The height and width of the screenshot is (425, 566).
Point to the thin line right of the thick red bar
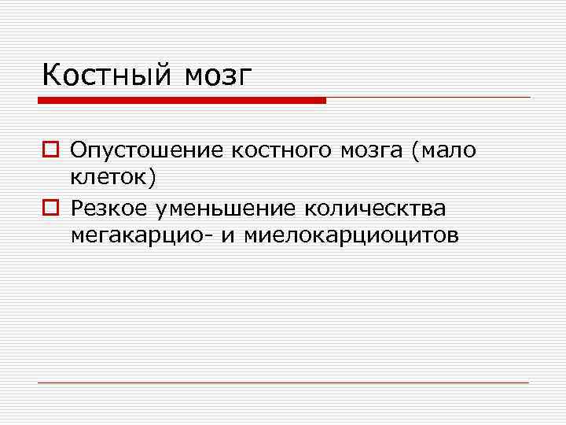[x=428, y=98]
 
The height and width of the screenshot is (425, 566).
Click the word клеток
[x=111, y=178]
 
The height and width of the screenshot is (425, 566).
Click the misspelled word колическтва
[x=375, y=208]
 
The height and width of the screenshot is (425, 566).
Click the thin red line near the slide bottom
[x=283, y=382]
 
